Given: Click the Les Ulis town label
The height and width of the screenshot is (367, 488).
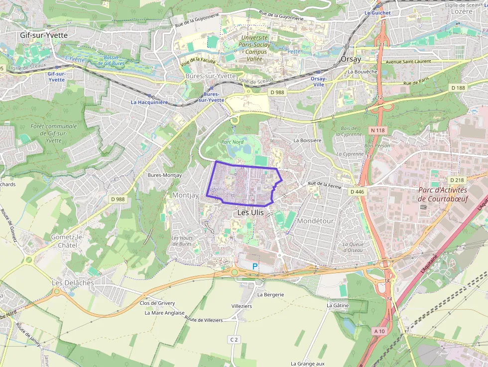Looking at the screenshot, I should (x=250, y=212).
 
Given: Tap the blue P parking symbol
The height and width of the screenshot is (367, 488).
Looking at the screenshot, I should (x=255, y=267).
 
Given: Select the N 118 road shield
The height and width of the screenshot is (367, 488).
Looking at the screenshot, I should (x=378, y=130).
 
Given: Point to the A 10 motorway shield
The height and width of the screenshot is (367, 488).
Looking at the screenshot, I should (x=379, y=331).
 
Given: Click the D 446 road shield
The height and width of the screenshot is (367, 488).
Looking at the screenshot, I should (x=357, y=191).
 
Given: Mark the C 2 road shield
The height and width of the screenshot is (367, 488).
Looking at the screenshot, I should (x=234, y=339).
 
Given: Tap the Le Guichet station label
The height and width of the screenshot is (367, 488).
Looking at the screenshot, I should (x=377, y=12).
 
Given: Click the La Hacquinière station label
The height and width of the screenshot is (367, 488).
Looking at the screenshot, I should (x=149, y=102).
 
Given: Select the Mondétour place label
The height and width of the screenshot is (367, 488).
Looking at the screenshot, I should (x=315, y=221).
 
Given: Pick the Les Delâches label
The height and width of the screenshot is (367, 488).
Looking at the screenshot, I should (x=73, y=282).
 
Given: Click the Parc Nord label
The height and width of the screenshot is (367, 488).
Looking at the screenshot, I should (x=232, y=142).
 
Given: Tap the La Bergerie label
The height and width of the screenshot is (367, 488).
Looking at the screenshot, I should (x=270, y=294).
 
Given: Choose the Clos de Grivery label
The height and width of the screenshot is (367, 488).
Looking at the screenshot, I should (x=157, y=303).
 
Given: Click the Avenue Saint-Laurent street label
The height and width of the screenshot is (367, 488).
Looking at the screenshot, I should (x=408, y=62).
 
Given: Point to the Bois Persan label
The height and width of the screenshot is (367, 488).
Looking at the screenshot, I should (x=377, y=145).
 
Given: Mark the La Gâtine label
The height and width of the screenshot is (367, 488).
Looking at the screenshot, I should (x=338, y=305).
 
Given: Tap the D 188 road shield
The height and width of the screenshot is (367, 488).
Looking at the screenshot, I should (x=458, y=88).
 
